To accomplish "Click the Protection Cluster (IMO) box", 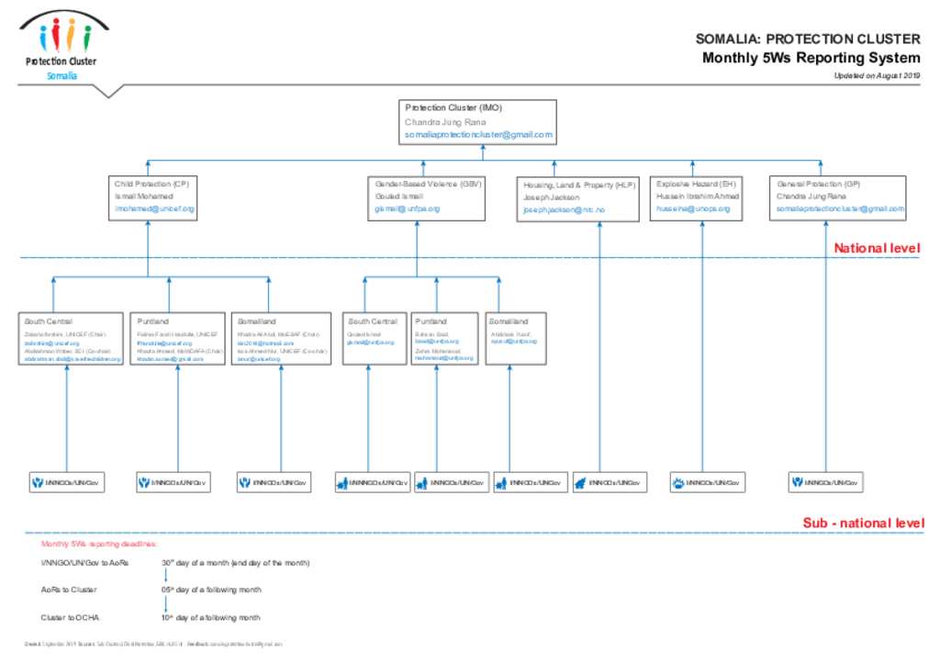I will [477, 121].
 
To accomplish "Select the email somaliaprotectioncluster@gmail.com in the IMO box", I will [478, 135].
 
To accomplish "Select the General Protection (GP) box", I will [839, 197].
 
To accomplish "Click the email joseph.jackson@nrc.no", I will [564, 210].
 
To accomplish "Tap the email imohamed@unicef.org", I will [154, 209].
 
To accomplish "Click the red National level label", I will [876, 248].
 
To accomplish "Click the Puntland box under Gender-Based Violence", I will [444, 339].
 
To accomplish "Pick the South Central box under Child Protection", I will [73, 339].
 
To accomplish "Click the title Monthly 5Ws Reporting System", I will [811, 58].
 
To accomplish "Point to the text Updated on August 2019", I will [876, 76].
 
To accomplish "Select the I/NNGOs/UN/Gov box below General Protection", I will [826, 481].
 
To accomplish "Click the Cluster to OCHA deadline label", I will [70, 617].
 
